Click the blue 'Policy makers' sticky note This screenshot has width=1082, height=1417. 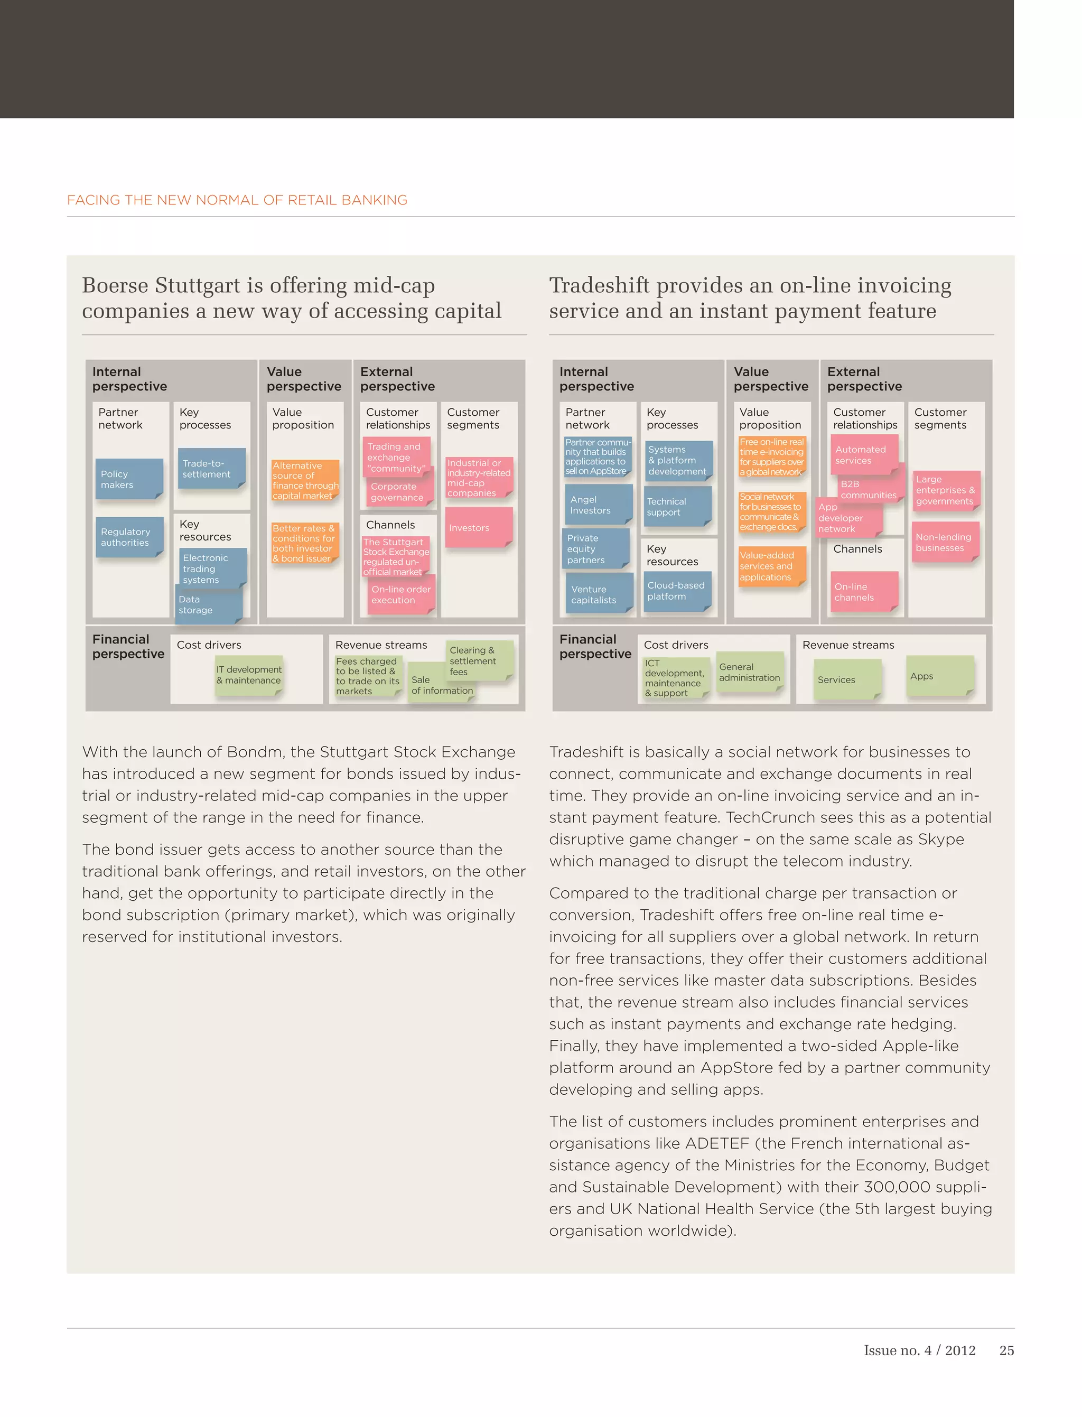[129, 479]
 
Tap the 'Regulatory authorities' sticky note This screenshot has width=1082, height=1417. [129, 537]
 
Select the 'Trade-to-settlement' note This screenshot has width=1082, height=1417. [211, 468]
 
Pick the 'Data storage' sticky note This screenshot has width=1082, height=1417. [208, 605]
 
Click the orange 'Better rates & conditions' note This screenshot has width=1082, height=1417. [304, 543]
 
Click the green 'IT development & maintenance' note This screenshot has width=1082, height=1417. [249, 675]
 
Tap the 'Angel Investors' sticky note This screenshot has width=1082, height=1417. [597, 505]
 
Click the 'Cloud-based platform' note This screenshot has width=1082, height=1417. [677, 591]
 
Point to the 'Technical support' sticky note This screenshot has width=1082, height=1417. [676, 507]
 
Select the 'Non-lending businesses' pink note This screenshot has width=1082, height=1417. [945, 542]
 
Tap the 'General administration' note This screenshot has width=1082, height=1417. [749, 673]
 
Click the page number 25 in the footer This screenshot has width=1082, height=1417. [1006, 1350]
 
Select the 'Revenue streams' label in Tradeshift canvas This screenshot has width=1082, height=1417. [847, 645]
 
